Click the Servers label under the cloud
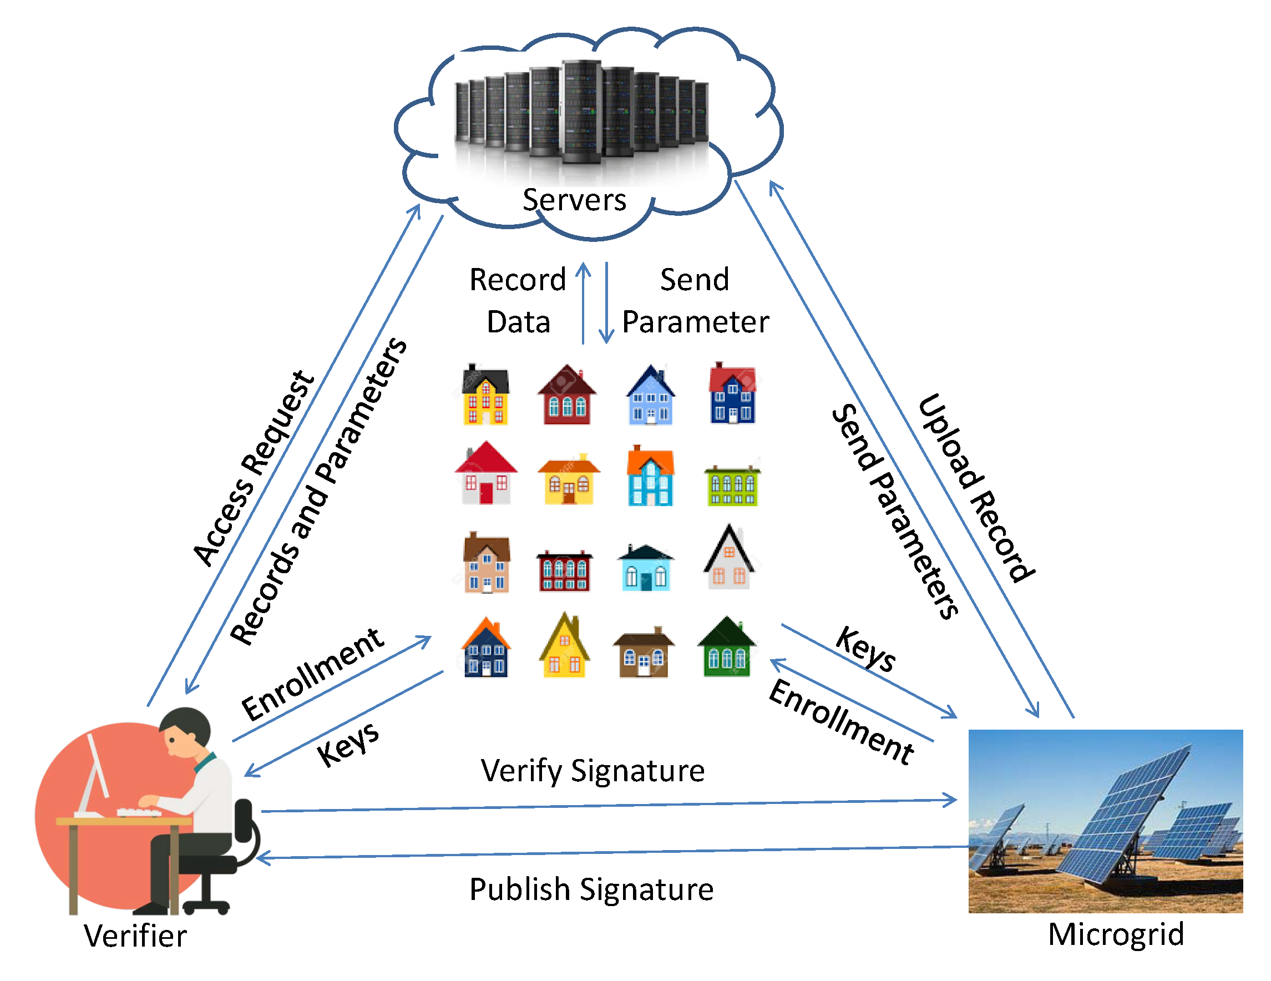click(574, 200)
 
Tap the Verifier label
click(135, 936)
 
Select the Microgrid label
click(1116, 934)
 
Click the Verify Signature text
click(593, 771)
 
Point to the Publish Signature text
click(591, 889)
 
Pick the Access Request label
click(254, 469)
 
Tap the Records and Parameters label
click(318, 492)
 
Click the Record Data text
click(518, 300)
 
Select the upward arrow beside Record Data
click(583, 303)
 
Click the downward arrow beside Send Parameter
click(606, 303)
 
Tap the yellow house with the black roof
click(485, 395)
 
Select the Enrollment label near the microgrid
click(841, 722)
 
